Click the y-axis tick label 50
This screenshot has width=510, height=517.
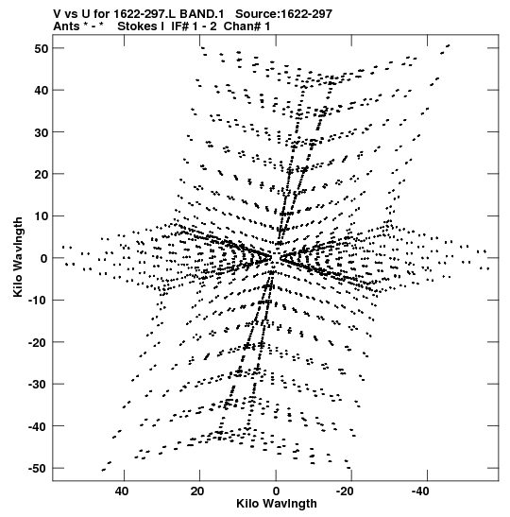(x=42, y=49)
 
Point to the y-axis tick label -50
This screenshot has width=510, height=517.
(x=39, y=469)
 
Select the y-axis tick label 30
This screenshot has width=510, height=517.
(x=42, y=132)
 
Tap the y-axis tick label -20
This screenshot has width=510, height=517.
(x=39, y=342)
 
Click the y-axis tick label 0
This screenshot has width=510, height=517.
(x=44, y=259)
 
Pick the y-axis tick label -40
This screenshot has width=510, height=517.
(x=39, y=426)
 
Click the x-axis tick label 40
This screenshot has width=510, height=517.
(x=122, y=491)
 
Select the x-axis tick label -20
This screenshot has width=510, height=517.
(x=345, y=491)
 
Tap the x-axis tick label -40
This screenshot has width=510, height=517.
(x=420, y=491)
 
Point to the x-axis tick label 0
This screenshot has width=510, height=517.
(x=276, y=491)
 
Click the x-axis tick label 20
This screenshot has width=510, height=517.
(x=197, y=491)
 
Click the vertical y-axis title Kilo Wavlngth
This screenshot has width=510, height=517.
(x=18, y=257)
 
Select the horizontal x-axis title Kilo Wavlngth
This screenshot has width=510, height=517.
(x=277, y=504)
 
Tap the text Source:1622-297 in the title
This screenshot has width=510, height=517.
(x=284, y=14)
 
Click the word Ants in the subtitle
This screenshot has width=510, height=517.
(x=66, y=26)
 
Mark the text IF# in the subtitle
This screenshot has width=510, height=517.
(x=180, y=26)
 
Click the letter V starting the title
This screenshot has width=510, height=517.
(x=58, y=14)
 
